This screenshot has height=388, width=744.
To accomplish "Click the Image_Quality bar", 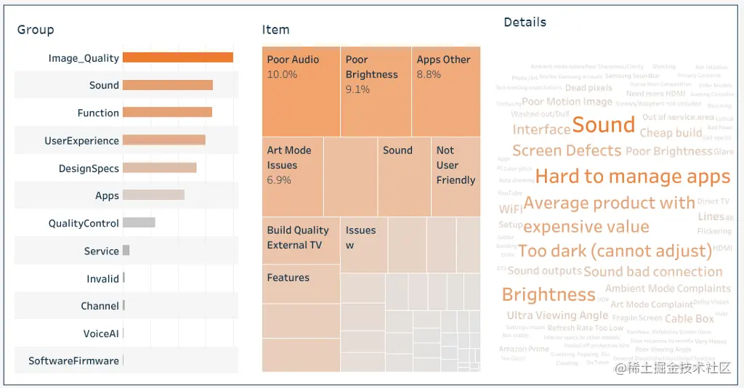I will coord(177,57).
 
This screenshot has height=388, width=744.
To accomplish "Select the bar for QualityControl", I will coord(139,222).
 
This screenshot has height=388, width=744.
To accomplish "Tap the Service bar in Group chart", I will coord(126,250).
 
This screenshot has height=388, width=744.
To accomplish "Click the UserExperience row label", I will coord(81,141).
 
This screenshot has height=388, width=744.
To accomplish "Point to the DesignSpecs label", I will coord(89,169).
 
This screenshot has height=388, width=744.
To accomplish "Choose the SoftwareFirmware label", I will coord(73,360).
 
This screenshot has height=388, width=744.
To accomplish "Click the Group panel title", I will coord(36,30).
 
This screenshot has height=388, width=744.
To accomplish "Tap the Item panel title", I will coord(275,30).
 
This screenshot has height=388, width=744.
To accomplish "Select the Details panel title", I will coord(525,23).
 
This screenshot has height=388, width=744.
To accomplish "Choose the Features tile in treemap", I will coord(300,283).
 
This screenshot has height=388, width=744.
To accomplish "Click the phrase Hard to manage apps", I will coord(632,177).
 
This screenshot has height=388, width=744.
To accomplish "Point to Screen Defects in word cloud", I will coord(567,150).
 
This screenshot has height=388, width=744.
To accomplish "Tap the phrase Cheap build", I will coord(671,133).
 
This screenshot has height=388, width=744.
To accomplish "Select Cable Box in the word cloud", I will coord(689,318).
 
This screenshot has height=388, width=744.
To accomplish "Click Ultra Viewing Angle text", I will coord(557,315).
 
